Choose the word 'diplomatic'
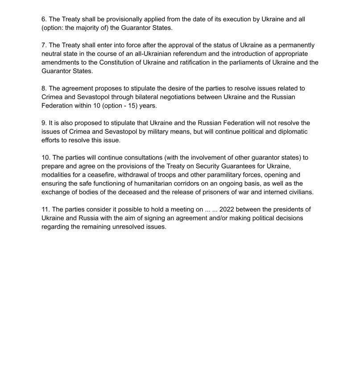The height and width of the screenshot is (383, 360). coord(291,131)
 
